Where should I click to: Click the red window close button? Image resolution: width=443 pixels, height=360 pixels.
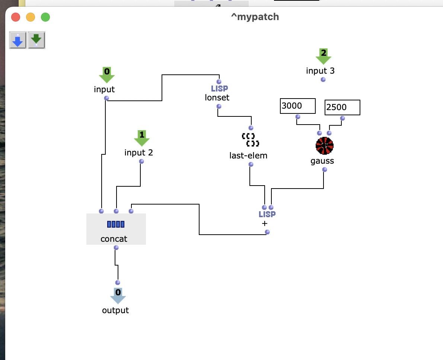pos(16,17)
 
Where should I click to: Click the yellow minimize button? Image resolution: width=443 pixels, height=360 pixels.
pos(31,17)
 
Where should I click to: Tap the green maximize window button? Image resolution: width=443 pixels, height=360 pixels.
pos(45,17)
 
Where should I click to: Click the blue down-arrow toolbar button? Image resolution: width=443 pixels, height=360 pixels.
pos(18,40)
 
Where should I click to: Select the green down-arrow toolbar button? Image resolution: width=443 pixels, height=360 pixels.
pos(36,40)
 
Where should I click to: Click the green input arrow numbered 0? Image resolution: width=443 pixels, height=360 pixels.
pos(107,75)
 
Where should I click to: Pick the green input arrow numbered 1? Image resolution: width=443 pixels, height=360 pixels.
pos(142,138)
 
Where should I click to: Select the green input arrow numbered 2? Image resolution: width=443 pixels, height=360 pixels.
pos(324,57)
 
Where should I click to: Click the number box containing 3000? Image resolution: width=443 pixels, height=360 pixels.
pos(298,106)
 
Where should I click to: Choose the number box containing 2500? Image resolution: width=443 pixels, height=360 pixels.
pos(342,107)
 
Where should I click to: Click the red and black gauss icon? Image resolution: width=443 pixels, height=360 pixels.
pos(325,146)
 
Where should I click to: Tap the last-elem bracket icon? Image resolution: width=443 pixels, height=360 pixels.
pos(251,140)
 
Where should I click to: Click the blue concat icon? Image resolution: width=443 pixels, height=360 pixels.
pos(116,224)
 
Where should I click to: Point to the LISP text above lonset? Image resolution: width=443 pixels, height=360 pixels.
pos(220,89)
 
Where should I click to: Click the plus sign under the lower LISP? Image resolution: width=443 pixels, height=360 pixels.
pos(264,224)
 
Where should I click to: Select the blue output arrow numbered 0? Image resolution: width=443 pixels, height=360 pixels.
pos(118,296)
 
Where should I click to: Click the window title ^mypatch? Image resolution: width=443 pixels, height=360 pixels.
pos(255,17)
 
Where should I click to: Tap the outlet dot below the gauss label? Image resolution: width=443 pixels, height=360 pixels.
pos(325,170)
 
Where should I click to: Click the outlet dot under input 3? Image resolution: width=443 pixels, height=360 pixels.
pos(323,80)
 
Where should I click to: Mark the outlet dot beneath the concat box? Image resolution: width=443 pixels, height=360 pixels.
pos(116,248)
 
